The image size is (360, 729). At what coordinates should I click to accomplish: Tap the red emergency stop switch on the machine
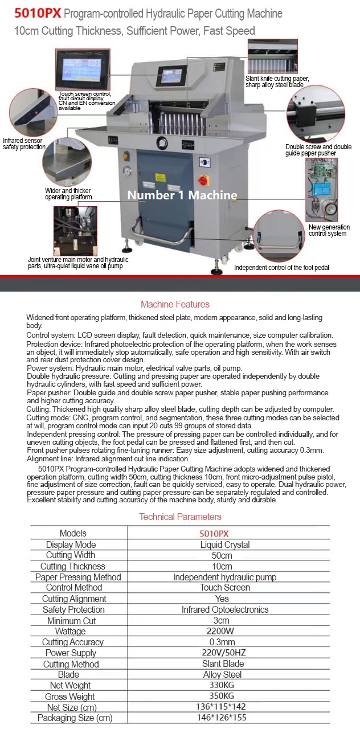coord(203,181)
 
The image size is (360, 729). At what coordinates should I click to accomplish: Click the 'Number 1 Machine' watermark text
coord(182,195)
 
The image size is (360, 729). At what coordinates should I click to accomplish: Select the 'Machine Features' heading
coord(175,304)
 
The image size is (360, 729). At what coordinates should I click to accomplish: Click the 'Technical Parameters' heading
coord(181,517)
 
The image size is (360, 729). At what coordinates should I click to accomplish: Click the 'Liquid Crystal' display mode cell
coord(225,544)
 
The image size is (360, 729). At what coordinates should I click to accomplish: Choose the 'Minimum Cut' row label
coord(72,621)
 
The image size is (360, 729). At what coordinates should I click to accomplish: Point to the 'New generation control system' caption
coord(329,231)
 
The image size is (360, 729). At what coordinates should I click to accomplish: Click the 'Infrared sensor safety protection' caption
coord(24,144)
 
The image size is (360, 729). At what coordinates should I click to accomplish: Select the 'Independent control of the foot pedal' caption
coord(281,267)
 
